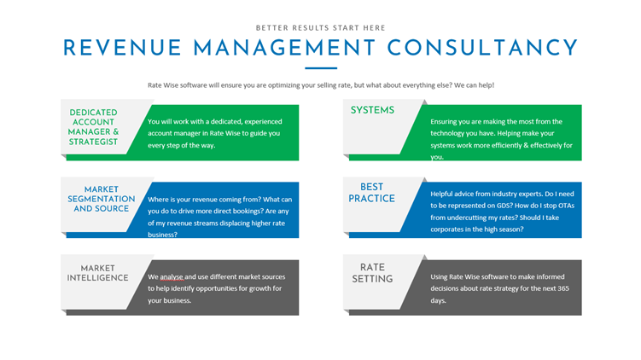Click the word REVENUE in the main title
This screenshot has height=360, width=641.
tap(122, 48)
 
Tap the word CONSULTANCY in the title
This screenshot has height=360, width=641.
tap(482, 48)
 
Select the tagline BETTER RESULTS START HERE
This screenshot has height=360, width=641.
tap(321, 28)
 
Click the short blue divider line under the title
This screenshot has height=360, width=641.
tap(321, 68)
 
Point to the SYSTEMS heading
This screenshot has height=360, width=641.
tap(372, 110)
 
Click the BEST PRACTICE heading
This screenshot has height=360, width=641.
tap(371, 193)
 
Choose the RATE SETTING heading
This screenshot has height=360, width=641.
tap(372, 273)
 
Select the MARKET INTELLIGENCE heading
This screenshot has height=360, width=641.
tap(97, 273)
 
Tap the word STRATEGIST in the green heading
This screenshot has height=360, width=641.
tap(93, 142)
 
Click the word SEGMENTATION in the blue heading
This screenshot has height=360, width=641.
tap(102, 199)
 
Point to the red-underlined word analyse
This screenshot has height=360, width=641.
tap(172, 277)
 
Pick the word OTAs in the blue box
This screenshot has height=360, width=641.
tap(567, 206)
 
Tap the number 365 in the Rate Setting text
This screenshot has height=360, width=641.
tap(563, 288)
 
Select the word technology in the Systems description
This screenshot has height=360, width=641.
tap(447, 134)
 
